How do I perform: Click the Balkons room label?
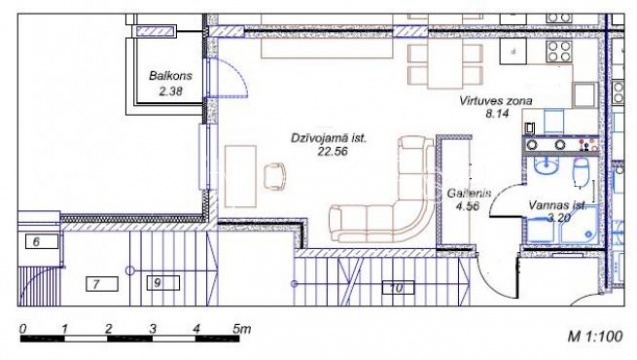point(171,76)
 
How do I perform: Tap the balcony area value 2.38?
point(171,91)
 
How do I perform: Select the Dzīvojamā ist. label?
point(329,138)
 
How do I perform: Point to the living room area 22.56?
point(332,152)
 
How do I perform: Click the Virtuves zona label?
point(496,100)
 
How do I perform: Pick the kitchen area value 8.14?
point(497,113)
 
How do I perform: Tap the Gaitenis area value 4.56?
point(468,206)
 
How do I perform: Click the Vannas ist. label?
point(557,205)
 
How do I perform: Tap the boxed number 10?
point(398,288)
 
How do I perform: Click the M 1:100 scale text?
point(595,336)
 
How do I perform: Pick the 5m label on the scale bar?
point(241,328)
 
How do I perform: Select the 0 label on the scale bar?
point(23,328)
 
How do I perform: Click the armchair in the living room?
point(275,176)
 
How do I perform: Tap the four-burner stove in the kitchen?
point(559,51)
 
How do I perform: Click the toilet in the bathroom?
point(582,172)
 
